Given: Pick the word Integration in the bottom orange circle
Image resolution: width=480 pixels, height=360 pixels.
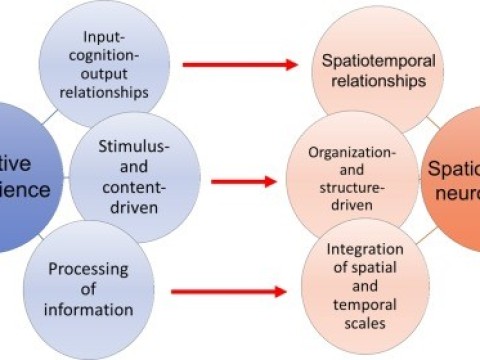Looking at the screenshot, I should (x=365, y=249).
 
